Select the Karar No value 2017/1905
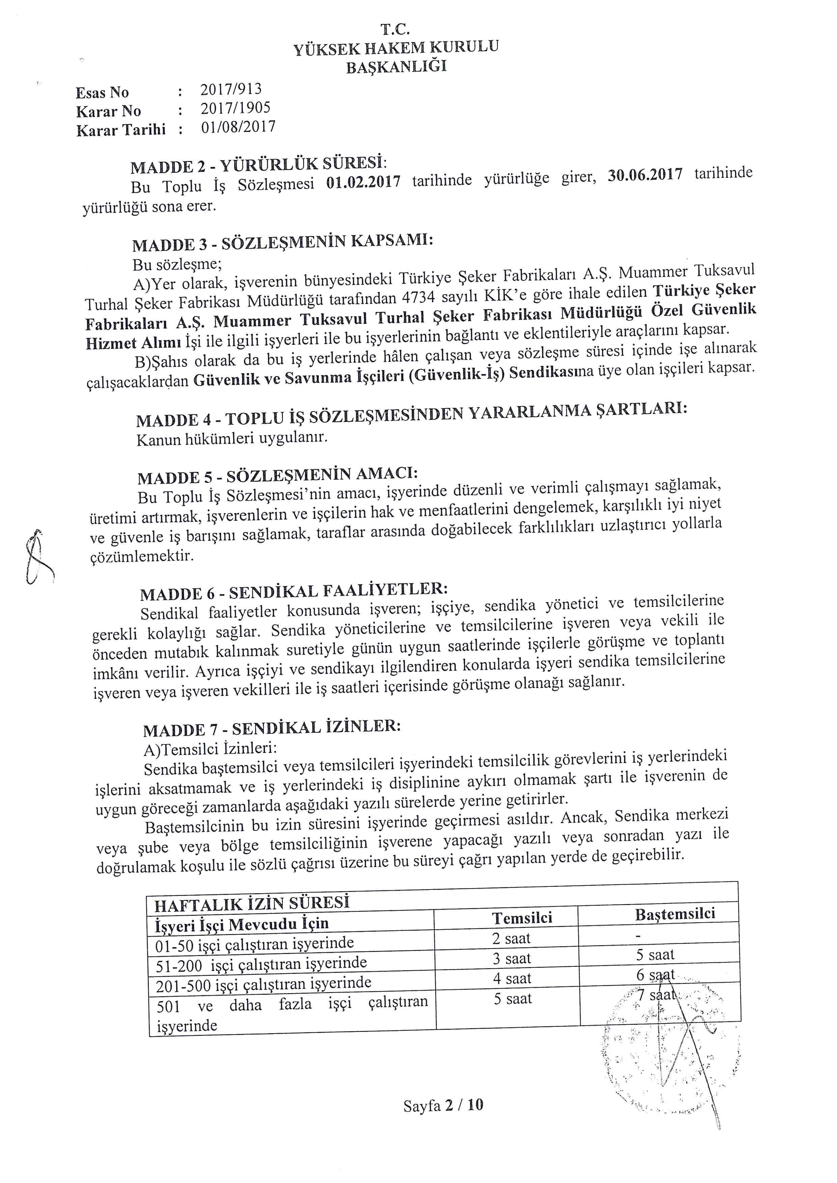click(236, 108)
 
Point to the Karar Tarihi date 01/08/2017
click(238, 127)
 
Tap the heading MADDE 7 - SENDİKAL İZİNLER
click(272, 728)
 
